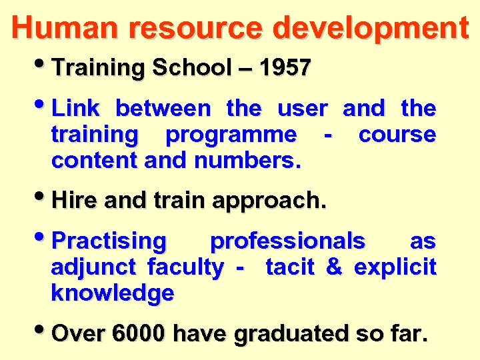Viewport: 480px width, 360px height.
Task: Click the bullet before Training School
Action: (x=45, y=66)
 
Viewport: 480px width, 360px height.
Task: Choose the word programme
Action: (x=231, y=135)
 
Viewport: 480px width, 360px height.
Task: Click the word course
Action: (x=397, y=135)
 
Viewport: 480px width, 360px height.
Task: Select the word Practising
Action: (x=109, y=241)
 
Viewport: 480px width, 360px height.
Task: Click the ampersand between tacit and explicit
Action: (x=333, y=267)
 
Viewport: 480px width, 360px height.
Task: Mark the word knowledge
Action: (x=113, y=293)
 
